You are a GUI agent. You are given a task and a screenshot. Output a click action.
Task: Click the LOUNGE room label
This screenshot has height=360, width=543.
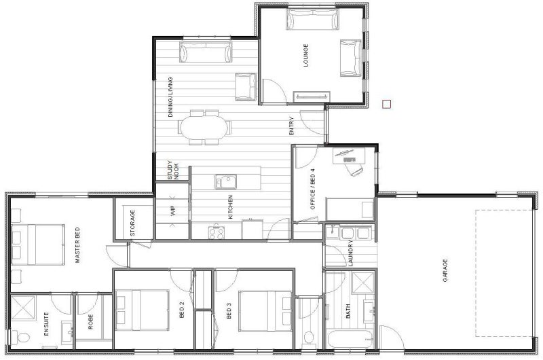pyautogui.click(x=305, y=55)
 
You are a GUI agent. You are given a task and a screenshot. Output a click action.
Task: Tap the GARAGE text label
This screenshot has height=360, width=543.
pyautogui.click(x=445, y=270)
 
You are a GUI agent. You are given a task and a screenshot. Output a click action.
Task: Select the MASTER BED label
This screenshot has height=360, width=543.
pyautogui.click(x=77, y=245)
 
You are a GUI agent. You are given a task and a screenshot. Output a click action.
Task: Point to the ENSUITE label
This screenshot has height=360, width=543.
pyautogui.click(x=46, y=324)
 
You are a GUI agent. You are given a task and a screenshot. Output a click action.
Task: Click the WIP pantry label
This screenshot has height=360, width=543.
pyautogui.click(x=173, y=211)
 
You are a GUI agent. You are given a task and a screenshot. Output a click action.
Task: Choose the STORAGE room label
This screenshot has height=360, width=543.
pyautogui.click(x=132, y=223)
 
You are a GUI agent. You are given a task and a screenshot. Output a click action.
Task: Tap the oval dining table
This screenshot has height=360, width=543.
pyautogui.click(x=203, y=127)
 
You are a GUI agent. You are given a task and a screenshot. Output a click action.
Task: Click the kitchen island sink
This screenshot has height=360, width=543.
pyautogui.click(x=225, y=181)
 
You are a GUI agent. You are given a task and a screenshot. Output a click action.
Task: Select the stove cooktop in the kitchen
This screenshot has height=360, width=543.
pyautogui.click(x=217, y=232)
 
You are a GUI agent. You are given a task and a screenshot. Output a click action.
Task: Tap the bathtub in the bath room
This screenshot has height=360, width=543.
pyautogui.click(x=350, y=340)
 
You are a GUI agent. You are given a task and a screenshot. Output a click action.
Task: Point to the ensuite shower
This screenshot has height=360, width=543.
pyautogui.click(x=23, y=308)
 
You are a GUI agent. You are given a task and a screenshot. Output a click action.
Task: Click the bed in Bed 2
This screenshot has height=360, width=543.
pyautogui.click(x=143, y=310)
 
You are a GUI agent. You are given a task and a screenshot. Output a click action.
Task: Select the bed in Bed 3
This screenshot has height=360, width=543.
pyautogui.click(x=265, y=311)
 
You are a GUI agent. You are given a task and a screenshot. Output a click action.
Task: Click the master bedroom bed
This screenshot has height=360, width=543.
pyautogui.click(x=38, y=245)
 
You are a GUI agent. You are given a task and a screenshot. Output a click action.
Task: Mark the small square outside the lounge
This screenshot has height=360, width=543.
pyautogui.click(x=386, y=104)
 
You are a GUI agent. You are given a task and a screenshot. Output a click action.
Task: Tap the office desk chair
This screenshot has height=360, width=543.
pyautogui.click(x=356, y=169)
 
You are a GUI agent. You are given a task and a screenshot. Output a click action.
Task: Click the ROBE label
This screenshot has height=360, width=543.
pyautogui.click(x=91, y=321)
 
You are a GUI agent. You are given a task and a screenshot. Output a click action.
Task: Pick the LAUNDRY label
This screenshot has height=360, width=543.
pyautogui.click(x=350, y=253)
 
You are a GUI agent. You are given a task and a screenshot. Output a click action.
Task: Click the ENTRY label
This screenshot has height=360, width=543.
pyautogui.click(x=291, y=126)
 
